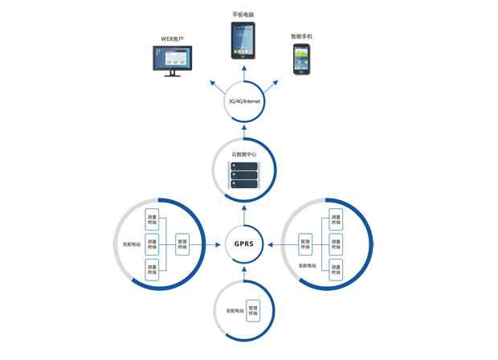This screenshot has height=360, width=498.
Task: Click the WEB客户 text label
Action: tap(172, 39)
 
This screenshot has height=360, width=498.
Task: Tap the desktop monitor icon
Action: tap(173, 60)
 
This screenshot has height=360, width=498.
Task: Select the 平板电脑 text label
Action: tap(243, 14)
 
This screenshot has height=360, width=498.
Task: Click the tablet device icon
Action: tap(243, 40)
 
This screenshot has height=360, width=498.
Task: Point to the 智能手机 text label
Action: tap(302, 37)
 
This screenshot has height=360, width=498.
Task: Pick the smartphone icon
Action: tap(301, 59)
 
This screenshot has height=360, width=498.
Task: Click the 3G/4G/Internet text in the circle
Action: tap(244, 102)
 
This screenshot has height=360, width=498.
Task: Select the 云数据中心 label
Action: tap(244, 153)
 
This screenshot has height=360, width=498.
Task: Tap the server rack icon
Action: tap(244, 175)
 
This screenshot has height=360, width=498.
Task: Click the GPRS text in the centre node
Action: tap(244, 243)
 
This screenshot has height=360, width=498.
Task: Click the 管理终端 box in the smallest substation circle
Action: tap(253, 311)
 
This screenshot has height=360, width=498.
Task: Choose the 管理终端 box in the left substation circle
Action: tap(182, 243)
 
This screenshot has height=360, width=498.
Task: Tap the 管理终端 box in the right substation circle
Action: tap(305, 243)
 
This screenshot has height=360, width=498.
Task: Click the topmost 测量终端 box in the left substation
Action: tap(152, 219)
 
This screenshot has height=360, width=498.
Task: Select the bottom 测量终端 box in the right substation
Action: tap(336, 269)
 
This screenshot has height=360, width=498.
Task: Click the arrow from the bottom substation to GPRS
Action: tap(244, 275)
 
